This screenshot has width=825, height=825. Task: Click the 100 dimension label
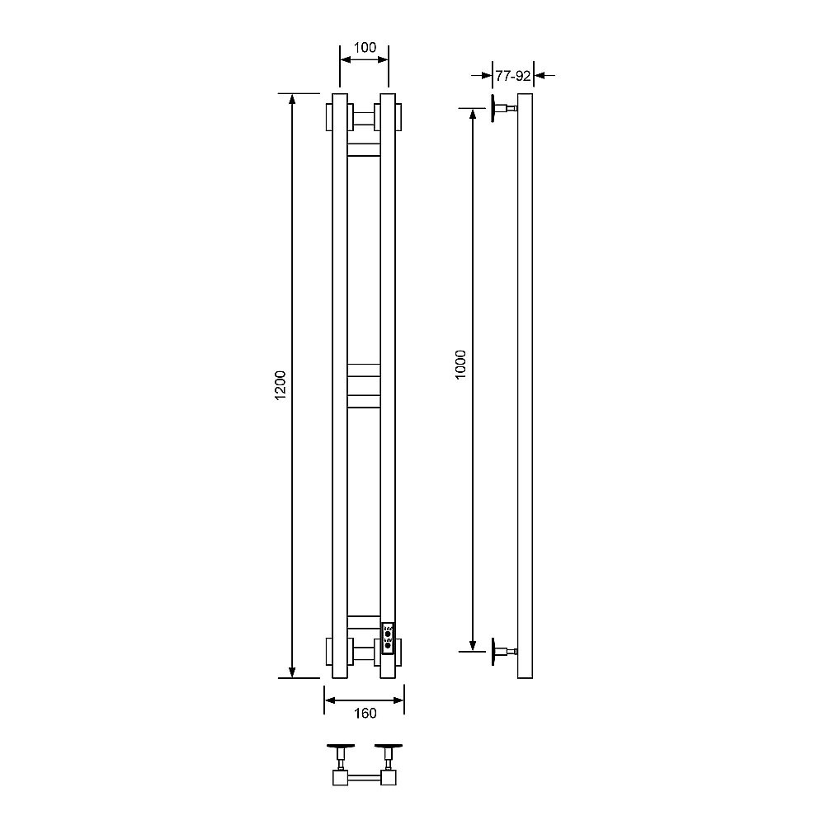pyautogui.click(x=365, y=47)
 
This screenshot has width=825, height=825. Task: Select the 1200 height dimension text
pyautogui.click(x=280, y=385)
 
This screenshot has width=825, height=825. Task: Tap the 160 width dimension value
pyautogui.click(x=365, y=713)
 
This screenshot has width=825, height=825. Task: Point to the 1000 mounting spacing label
pyautogui.click(x=460, y=365)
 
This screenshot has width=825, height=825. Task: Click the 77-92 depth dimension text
pyautogui.click(x=513, y=76)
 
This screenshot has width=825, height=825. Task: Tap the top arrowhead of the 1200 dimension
pyautogui.click(x=292, y=99)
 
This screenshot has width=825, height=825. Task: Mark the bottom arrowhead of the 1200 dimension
pyautogui.click(x=292, y=672)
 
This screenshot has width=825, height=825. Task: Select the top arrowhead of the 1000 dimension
pyautogui.click(x=473, y=114)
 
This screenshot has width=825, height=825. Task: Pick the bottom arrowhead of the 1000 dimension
pyautogui.click(x=473, y=646)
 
